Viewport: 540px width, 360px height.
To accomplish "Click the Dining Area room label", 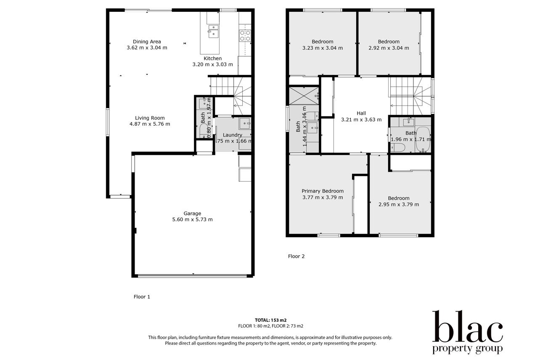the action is pyautogui.click(x=147, y=42).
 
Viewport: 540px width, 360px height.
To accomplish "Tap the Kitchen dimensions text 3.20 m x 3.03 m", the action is pyautogui.click(x=213, y=64).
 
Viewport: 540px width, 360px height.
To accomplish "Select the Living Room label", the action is pyautogui.click(x=150, y=118).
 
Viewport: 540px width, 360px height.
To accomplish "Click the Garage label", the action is pyautogui.click(x=192, y=213).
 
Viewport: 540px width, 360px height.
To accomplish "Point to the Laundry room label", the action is pyautogui.click(x=233, y=135).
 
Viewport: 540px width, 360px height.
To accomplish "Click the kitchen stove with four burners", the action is pyautogui.click(x=245, y=36).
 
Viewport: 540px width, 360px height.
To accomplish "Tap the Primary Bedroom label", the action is pyautogui.click(x=323, y=191).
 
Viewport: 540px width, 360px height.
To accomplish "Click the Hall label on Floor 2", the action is pyautogui.click(x=361, y=113).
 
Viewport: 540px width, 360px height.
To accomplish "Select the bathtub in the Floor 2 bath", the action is pyautogui.click(x=423, y=139).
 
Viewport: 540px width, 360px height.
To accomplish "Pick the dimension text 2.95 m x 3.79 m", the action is pyautogui.click(x=399, y=204).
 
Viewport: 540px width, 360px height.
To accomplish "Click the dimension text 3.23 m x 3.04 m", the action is pyautogui.click(x=323, y=48).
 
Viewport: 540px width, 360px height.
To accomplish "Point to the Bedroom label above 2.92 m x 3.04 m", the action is pyautogui.click(x=389, y=42).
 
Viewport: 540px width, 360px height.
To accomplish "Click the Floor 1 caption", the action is pyautogui.click(x=142, y=297).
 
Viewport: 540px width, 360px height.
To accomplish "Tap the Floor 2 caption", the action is pyautogui.click(x=296, y=256).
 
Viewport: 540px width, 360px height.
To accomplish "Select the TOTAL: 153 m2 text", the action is pyautogui.click(x=271, y=320).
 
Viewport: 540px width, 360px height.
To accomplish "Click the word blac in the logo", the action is pyautogui.click(x=467, y=326).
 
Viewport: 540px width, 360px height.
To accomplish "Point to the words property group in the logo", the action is pyautogui.click(x=467, y=349).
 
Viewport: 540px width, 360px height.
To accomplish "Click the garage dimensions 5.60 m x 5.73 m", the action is pyautogui.click(x=192, y=220).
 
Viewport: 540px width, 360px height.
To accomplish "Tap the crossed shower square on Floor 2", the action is pyautogui.click(x=304, y=96).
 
